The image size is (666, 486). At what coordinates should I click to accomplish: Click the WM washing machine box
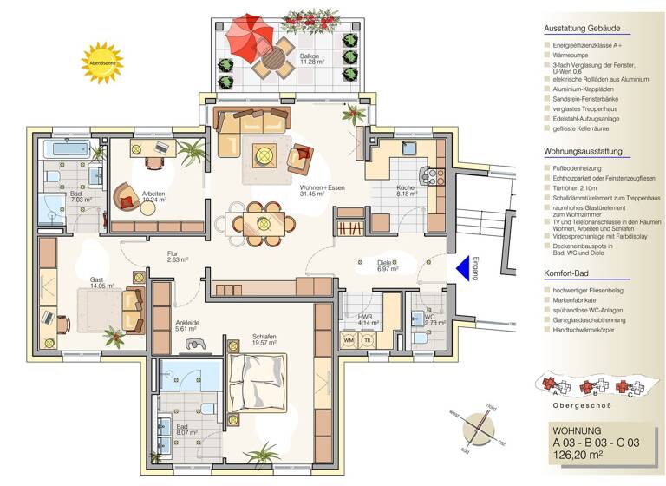(x=349, y=339)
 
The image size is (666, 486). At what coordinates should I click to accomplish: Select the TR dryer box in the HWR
(x=368, y=339)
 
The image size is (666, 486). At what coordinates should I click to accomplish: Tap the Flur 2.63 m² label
(x=179, y=256)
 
